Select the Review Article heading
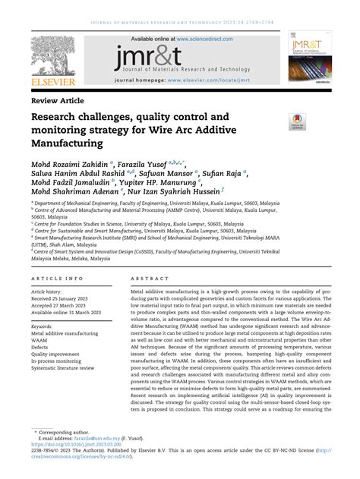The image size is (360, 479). click(x=57, y=100)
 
